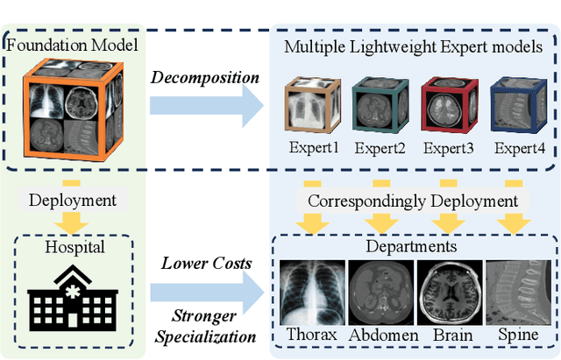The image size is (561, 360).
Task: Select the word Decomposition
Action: click(x=205, y=77)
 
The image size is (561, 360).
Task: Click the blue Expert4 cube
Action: click(x=512, y=104)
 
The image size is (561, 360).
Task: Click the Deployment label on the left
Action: click(x=72, y=201)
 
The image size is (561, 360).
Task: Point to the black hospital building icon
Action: click(x=72, y=294)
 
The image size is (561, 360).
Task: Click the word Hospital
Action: click(x=72, y=248)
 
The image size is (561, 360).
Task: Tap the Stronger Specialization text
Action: click(x=208, y=324)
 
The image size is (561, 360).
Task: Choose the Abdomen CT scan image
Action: click(x=380, y=293)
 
